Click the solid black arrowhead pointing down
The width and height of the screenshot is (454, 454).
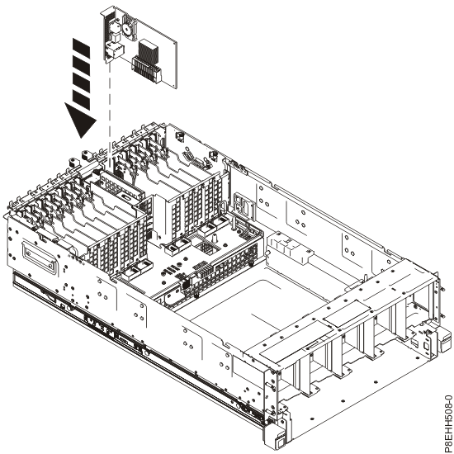pyautogui.click(x=81, y=124)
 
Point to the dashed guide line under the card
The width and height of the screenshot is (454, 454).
pyautogui.click(x=109, y=107)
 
